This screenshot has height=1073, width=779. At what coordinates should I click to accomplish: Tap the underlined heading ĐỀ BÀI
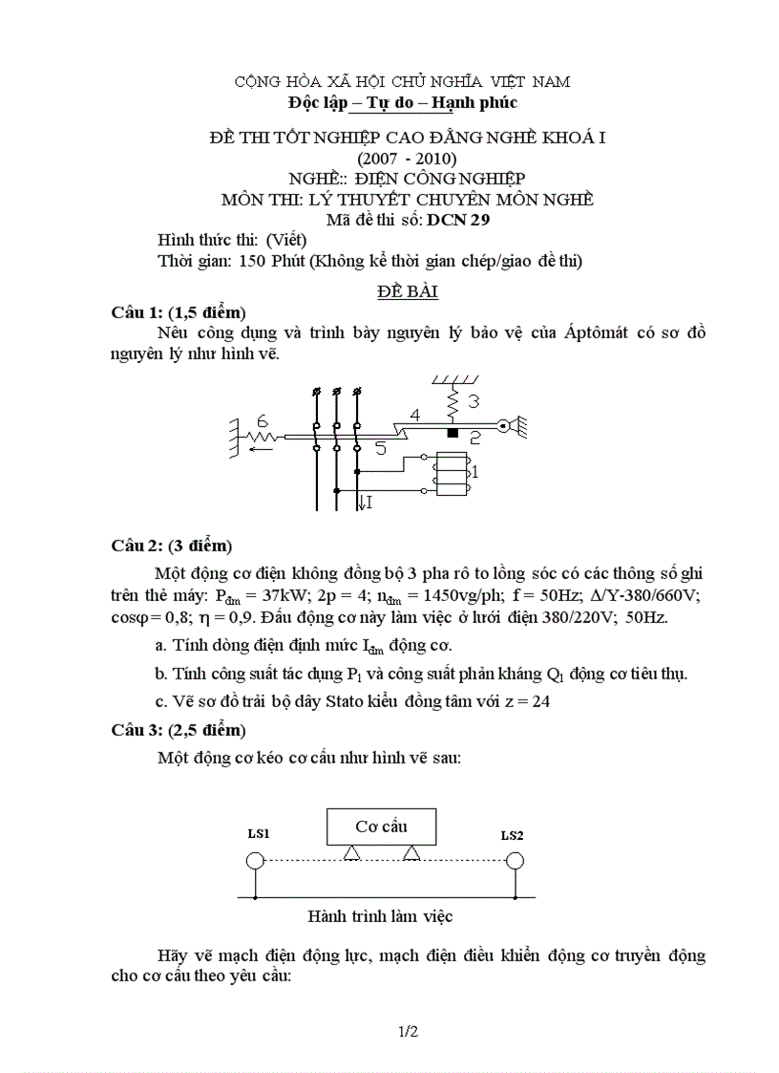(x=407, y=290)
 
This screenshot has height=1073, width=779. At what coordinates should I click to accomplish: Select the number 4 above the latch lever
(x=413, y=417)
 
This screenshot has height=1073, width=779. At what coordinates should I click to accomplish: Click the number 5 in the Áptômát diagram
(x=380, y=448)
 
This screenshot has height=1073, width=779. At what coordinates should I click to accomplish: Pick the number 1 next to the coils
(x=474, y=472)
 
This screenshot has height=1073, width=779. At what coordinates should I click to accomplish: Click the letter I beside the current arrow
(x=368, y=502)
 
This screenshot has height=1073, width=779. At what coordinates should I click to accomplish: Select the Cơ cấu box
(x=381, y=826)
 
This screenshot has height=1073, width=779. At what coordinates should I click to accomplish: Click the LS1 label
(x=258, y=834)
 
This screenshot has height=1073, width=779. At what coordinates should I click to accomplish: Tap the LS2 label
(x=512, y=835)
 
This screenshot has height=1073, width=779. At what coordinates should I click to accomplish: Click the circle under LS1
(x=255, y=861)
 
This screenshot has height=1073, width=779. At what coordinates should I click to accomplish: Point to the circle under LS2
(x=515, y=861)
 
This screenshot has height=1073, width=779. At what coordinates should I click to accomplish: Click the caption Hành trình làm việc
(x=380, y=916)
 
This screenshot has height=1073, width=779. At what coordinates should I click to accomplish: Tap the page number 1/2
(x=408, y=1032)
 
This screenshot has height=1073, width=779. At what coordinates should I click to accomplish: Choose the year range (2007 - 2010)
(x=407, y=158)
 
